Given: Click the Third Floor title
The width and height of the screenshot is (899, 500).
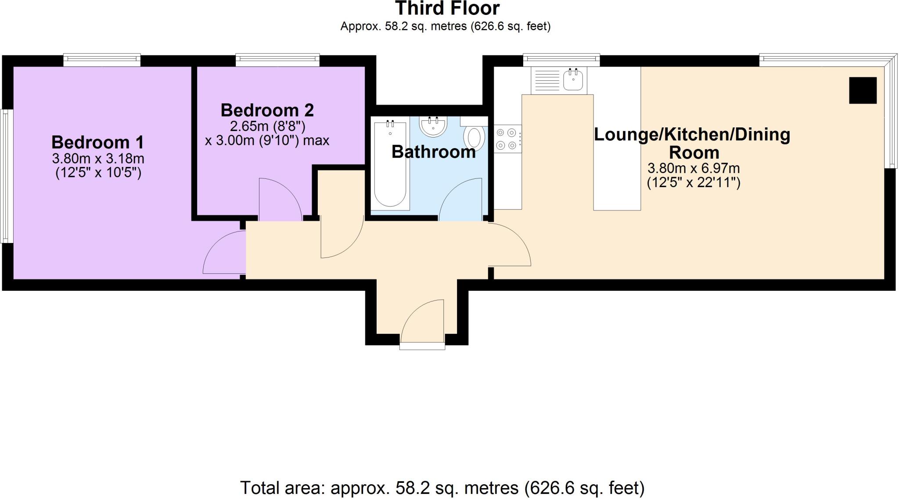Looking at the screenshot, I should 447,9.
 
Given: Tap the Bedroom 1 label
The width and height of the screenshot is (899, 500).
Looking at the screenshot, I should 97,142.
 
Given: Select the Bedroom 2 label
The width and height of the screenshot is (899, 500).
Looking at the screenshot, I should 267,110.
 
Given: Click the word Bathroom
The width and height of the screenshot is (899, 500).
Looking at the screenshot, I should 433,152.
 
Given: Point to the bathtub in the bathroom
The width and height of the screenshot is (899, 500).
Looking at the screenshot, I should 390,165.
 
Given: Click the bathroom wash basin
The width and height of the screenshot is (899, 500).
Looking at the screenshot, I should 433,126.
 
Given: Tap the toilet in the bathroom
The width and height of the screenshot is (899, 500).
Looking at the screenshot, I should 474,136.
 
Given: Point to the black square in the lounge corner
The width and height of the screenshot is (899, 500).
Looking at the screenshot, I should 863,91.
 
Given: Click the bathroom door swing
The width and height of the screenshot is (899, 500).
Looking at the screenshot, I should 461,200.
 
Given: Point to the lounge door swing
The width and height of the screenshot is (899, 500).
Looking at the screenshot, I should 509,245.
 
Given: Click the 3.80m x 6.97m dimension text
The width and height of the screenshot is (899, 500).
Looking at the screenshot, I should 694,168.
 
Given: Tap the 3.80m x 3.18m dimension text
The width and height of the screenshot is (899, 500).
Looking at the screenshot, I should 98,158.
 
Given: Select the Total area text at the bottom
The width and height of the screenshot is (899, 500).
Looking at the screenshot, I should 442,488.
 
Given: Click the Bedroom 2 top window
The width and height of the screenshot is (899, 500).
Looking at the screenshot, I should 277,60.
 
